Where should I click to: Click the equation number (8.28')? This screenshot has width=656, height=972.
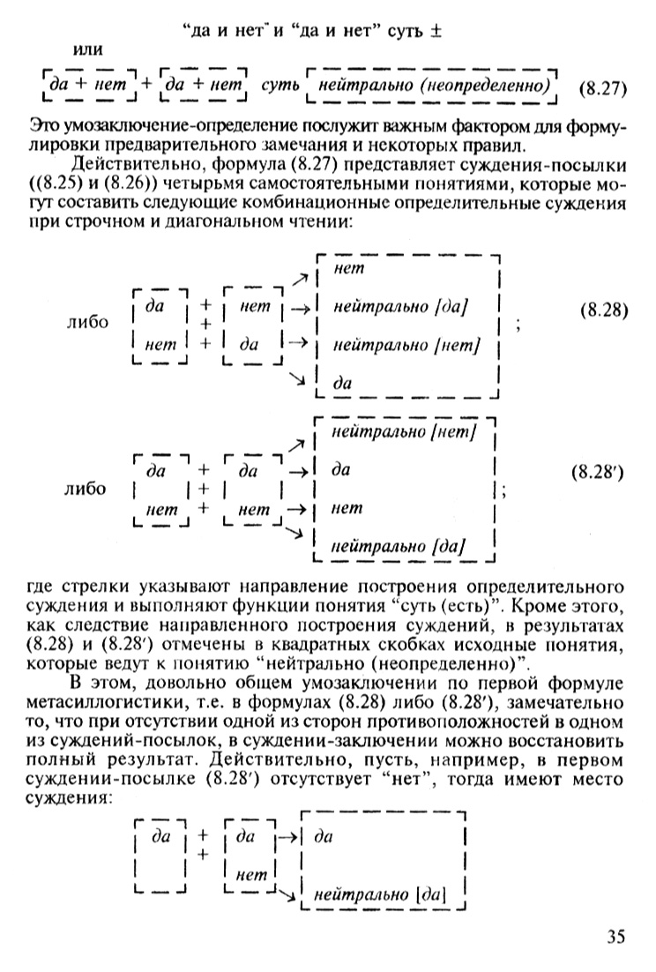(599, 471)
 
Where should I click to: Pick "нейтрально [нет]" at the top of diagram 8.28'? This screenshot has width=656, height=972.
(405, 432)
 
